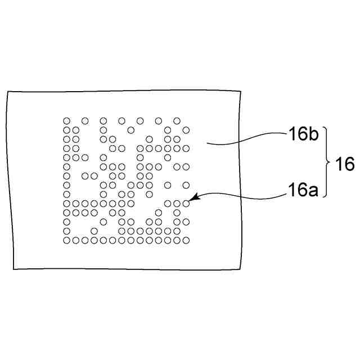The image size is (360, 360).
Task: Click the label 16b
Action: (x=304, y=135)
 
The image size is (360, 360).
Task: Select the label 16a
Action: (x=304, y=191)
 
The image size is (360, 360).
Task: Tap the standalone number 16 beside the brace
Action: (x=344, y=164)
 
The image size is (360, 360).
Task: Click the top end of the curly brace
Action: (x=325, y=129)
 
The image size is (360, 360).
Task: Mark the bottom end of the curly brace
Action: (x=325, y=198)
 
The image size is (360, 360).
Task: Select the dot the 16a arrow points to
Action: (x=186, y=203)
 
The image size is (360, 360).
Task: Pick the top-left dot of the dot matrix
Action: (x=66, y=120)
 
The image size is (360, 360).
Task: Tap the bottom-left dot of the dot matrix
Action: (x=66, y=240)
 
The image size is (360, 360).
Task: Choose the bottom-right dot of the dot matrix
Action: (x=186, y=240)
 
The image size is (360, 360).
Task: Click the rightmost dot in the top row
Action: (x=177, y=120)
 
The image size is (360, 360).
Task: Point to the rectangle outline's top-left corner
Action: (x=7, y=92)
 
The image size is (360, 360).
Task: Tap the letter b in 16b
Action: (x=313, y=135)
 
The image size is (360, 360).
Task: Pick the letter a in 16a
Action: (x=313, y=192)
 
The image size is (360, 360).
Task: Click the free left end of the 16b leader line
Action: (x=206, y=144)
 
